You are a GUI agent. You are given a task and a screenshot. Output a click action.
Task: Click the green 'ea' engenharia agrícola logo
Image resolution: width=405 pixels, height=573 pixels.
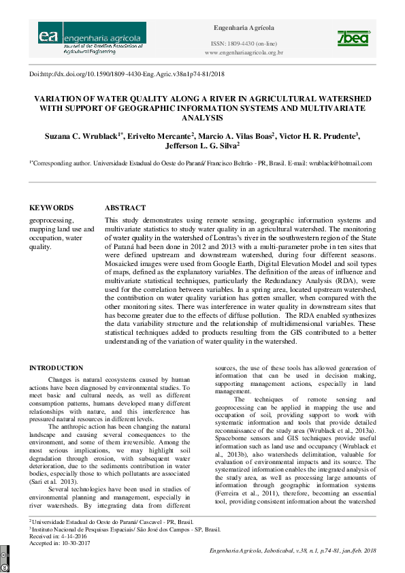coord(92,38)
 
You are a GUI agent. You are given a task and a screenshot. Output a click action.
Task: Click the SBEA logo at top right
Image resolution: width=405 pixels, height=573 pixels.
coord(353,39)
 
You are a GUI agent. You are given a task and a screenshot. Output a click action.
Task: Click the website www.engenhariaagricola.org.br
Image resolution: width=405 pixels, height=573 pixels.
coord(244,52)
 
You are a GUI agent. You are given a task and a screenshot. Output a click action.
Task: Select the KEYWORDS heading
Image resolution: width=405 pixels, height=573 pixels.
coord(51,208)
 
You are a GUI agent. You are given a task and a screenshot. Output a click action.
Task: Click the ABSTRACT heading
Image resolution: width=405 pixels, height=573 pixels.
coord(125,208)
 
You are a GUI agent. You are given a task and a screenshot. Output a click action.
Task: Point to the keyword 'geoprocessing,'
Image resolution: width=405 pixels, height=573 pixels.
coord(51,220)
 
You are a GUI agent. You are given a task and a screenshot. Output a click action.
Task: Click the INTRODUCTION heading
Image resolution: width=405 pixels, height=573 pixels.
coord(56,368)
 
